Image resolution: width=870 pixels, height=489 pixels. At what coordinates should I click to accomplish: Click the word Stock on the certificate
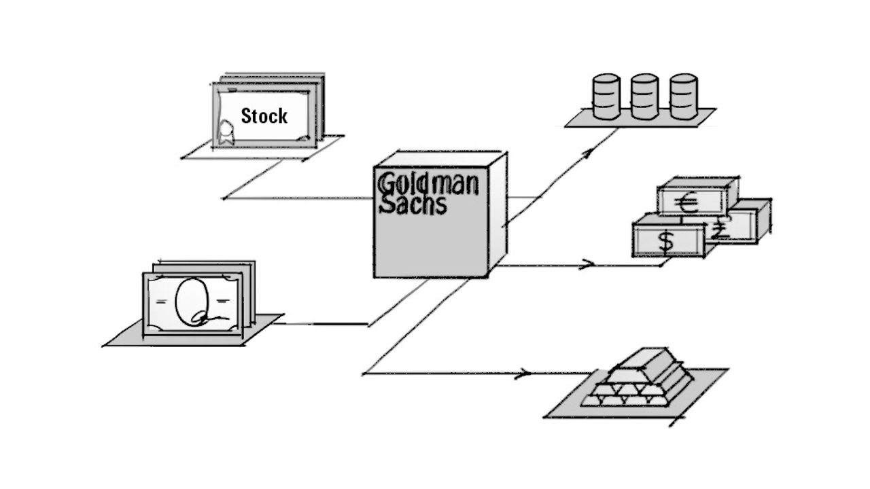pyautogui.click(x=264, y=116)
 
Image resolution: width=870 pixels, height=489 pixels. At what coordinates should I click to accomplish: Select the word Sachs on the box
pyautogui.click(x=413, y=204)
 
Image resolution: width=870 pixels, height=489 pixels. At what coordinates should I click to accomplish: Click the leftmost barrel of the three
pyautogui.click(x=606, y=96)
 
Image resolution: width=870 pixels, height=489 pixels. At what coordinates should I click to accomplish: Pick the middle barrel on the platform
pyautogui.click(x=644, y=96)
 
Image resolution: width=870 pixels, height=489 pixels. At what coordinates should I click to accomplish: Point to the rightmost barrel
pyautogui.click(x=683, y=96)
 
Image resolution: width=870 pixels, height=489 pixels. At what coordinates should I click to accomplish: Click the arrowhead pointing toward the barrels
pyautogui.click(x=588, y=153)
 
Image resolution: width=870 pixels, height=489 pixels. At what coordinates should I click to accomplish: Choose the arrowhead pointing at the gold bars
pyautogui.click(x=524, y=373)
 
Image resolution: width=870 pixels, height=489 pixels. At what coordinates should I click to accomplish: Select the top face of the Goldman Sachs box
pyautogui.click(x=442, y=159)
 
